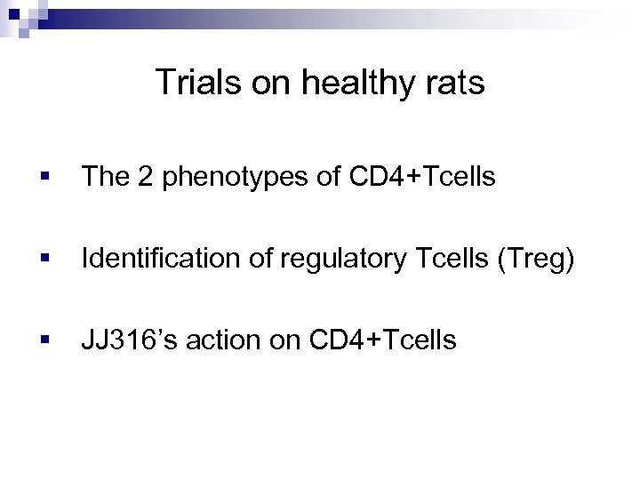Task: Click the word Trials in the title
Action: pyautogui.click(x=192, y=84)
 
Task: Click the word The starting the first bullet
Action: pyautogui.click(x=101, y=180)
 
